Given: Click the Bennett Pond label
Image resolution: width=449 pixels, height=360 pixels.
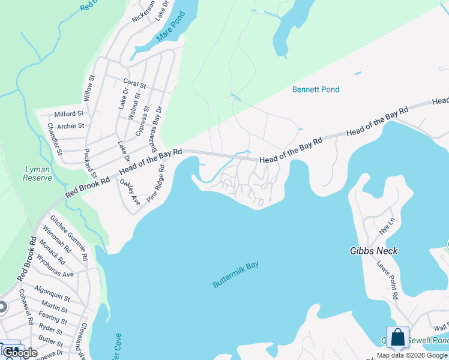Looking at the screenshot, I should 315,89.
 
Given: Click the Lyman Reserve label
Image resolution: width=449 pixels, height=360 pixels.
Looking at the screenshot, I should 37,173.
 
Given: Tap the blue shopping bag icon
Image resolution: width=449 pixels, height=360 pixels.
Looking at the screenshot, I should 397,338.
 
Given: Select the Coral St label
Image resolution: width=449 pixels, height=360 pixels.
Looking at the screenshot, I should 134,84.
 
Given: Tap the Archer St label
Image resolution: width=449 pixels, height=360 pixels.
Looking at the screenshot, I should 71,126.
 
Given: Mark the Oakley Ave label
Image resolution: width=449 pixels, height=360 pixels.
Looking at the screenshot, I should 129,192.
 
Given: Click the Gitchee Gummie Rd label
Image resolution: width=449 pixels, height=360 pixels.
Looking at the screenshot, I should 69,238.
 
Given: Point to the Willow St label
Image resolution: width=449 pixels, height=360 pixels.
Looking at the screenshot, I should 89,88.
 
